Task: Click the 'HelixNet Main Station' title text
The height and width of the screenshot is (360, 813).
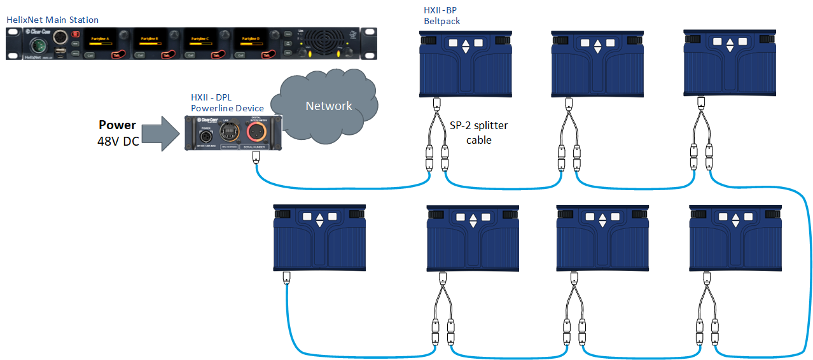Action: pos(52,20)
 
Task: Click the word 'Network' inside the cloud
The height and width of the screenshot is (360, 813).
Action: pos(328,106)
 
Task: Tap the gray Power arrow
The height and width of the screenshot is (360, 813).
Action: pos(160,132)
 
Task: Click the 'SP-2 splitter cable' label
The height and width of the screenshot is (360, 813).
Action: pos(478,133)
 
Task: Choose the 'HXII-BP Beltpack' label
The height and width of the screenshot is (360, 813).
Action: pos(442,16)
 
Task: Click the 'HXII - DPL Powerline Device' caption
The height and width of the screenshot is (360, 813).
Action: pos(219,102)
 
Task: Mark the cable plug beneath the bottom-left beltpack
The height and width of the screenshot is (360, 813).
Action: pos(286,277)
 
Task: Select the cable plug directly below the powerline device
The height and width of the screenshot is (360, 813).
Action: pos(256,156)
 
